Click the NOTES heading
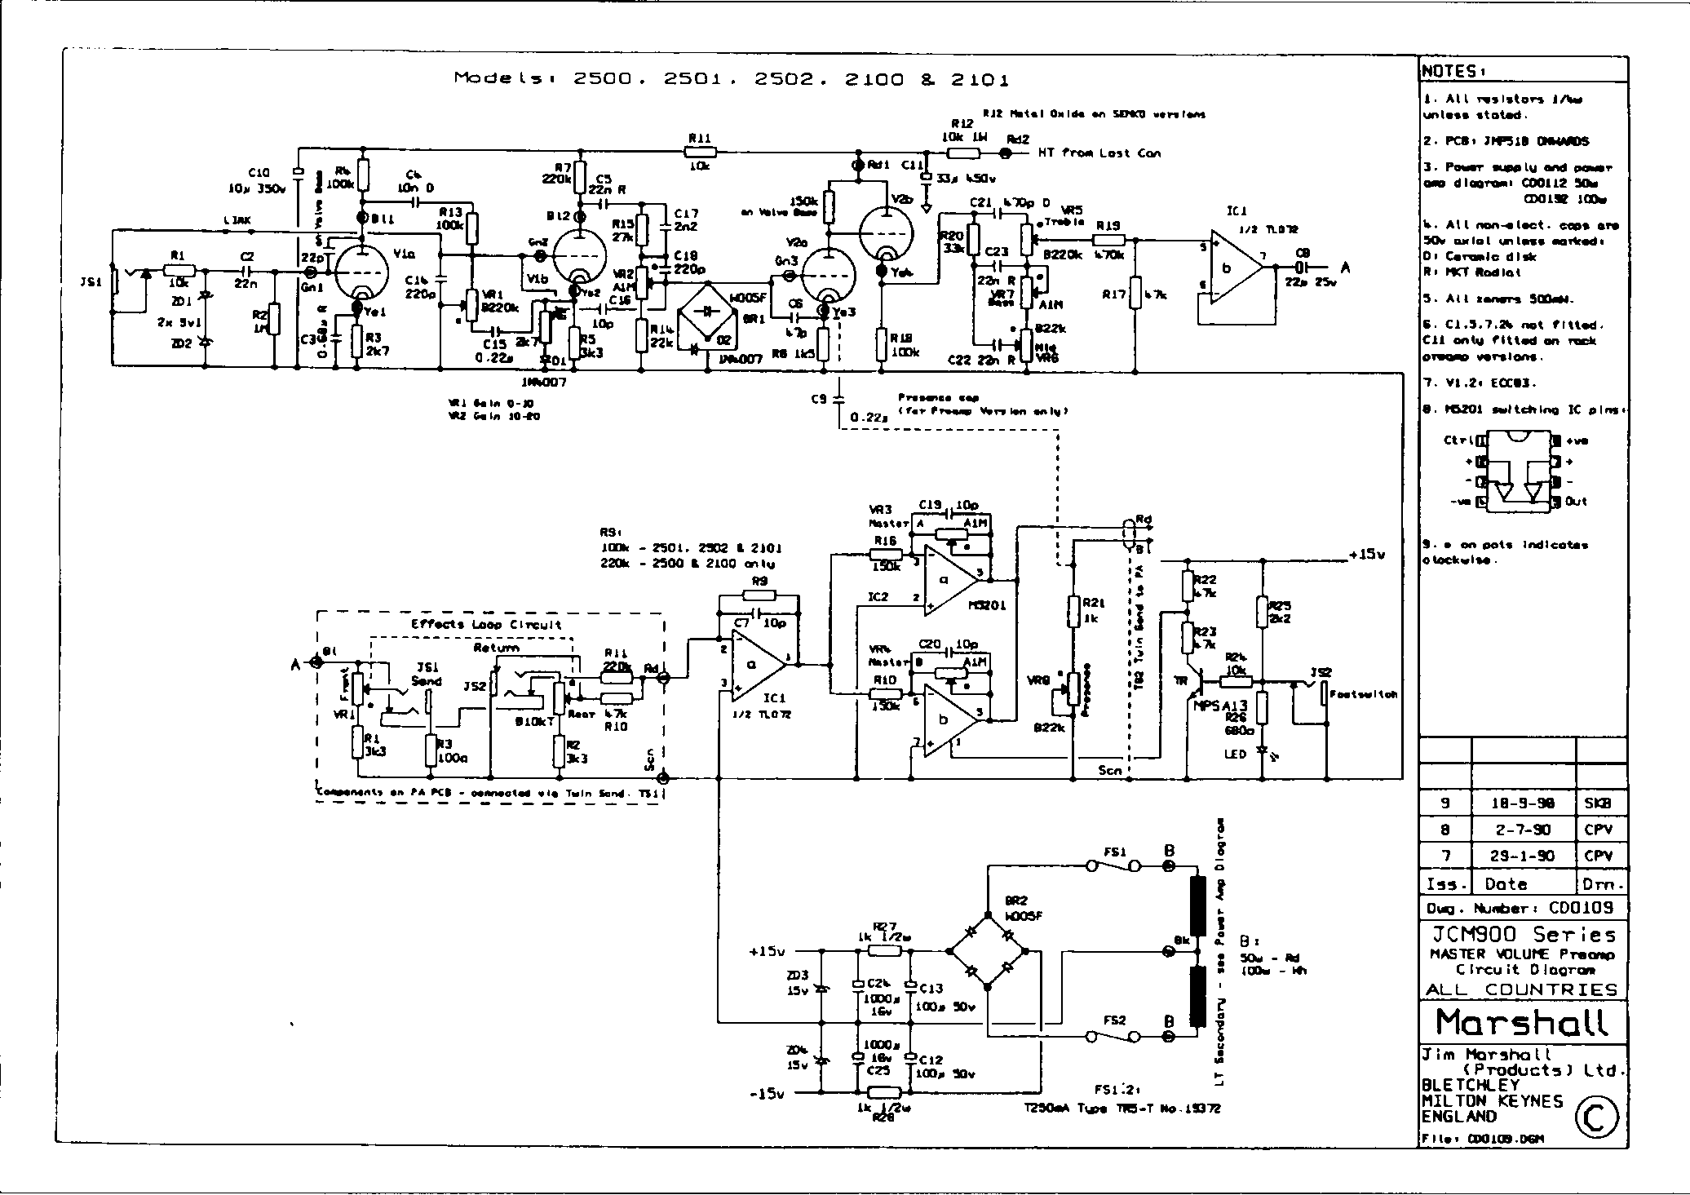coord(1452,71)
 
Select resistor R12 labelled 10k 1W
coord(966,153)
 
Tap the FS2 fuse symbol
coord(1114,1037)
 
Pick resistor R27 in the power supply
coord(885,951)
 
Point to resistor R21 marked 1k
coord(1073,610)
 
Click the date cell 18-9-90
coord(1523,803)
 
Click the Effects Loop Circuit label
coord(486,625)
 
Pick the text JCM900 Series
coord(1522,934)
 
